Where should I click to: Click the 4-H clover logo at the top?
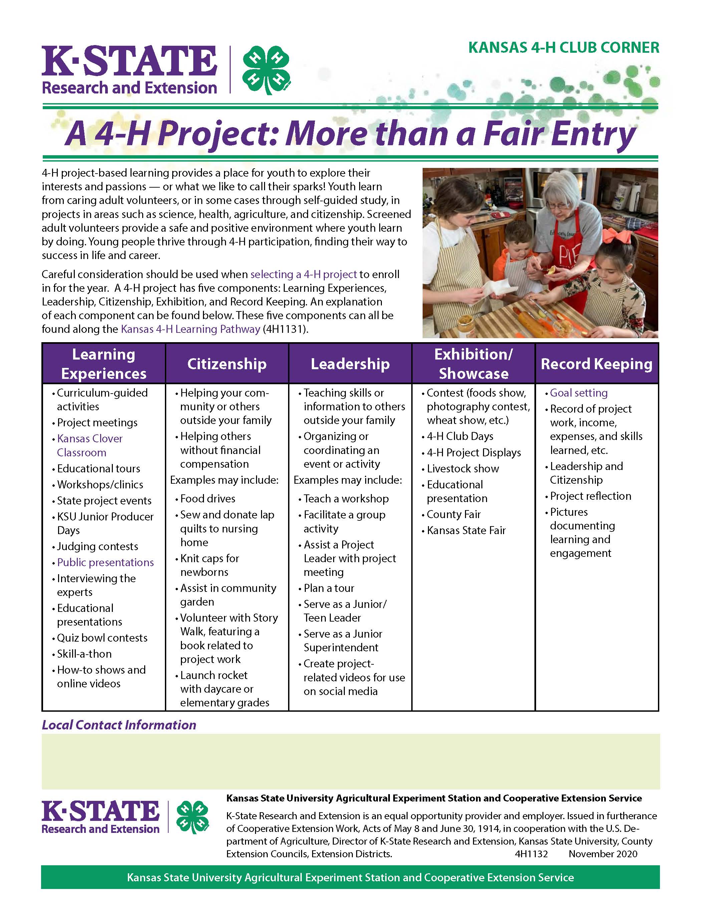[x=266, y=69]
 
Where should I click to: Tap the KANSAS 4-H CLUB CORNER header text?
[x=563, y=48]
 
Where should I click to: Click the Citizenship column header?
[x=227, y=364]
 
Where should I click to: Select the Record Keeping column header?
[x=596, y=364]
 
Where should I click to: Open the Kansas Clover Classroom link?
[x=90, y=445]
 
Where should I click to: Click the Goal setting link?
[x=578, y=393]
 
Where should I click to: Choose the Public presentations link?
[x=105, y=562]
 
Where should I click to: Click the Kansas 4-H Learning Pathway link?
[x=191, y=329]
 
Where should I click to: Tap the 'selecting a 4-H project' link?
[x=303, y=274]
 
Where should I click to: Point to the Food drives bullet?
[x=208, y=498]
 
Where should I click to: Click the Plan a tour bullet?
[x=329, y=588]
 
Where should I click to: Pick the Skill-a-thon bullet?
[x=84, y=654]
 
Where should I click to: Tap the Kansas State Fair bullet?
[x=466, y=530]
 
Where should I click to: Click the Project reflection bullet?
[x=590, y=496]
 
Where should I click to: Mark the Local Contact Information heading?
[x=119, y=725]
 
